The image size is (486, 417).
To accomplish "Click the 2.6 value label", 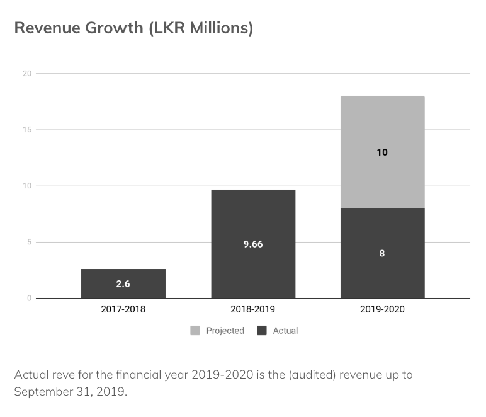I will pyautogui.click(x=123, y=284).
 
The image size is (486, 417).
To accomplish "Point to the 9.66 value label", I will pyautogui.click(x=253, y=244).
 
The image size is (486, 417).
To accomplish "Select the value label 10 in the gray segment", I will pyautogui.click(x=382, y=152).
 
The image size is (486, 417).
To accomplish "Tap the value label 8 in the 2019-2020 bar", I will pyautogui.click(x=382, y=253).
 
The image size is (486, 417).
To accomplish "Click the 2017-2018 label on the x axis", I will pyautogui.click(x=123, y=310).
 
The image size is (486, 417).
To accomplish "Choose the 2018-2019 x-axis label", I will pyautogui.click(x=253, y=310).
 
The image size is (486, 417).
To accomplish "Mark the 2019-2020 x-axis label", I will pyautogui.click(x=382, y=310).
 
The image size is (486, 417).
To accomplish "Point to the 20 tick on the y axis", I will pyautogui.click(x=27, y=74).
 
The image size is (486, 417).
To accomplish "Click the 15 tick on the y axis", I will pyautogui.click(x=27, y=130).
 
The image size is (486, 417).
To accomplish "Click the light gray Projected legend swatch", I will pyautogui.click(x=195, y=331).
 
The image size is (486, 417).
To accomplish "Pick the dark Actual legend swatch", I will pyautogui.click(x=262, y=331).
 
